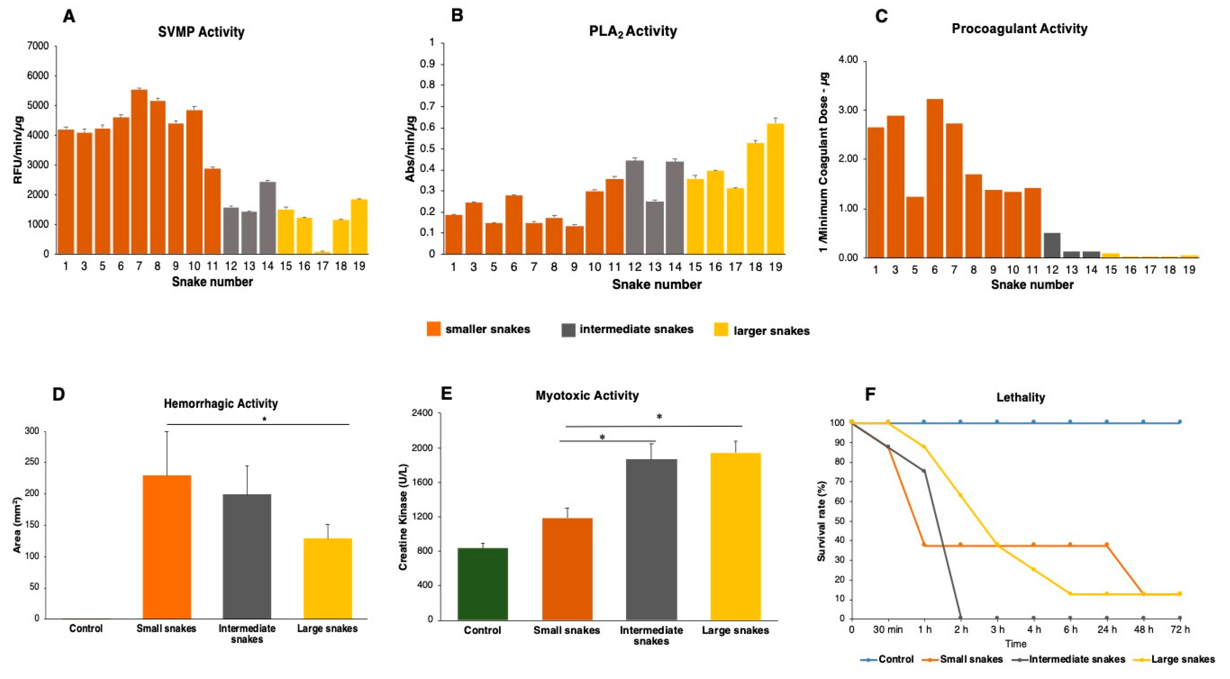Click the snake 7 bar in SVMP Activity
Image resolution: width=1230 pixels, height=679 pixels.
pos(139,172)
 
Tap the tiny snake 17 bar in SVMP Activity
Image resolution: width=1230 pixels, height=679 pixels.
pos(322,252)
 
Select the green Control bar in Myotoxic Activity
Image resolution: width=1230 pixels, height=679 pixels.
pos(482,584)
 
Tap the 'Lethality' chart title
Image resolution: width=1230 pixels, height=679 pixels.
pos(1021,397)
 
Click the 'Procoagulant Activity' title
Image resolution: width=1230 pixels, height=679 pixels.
pos(1020,29)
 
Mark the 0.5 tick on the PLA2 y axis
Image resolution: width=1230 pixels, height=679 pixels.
pos(427,149)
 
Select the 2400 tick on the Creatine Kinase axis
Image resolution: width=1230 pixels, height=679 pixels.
pos(422,413)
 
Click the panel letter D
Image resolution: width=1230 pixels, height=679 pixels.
pos(58,394)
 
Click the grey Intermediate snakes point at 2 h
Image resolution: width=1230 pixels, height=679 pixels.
pos(960,618)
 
